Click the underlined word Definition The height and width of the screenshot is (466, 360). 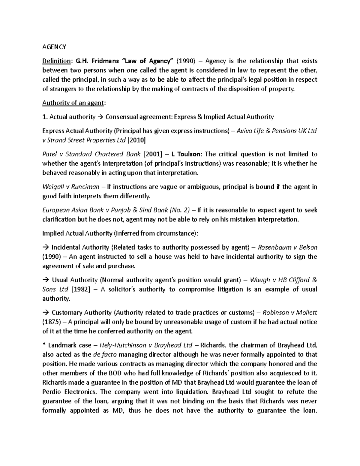click(x=56, y=61)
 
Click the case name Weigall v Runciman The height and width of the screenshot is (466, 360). click(x=71, y=187)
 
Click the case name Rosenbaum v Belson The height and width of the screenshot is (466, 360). click(x=289, y=248)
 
